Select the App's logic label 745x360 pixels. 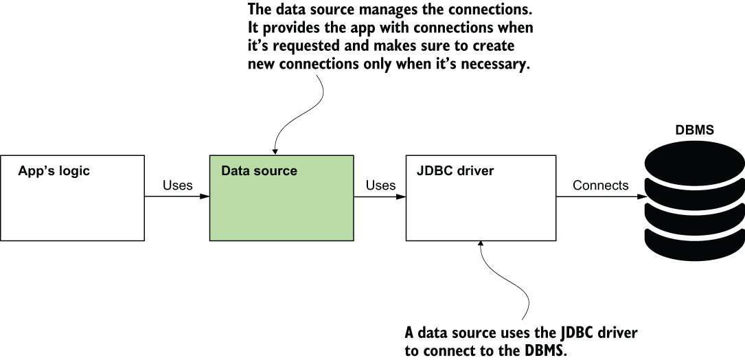click(54, 171)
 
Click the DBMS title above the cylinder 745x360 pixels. click(694, 129)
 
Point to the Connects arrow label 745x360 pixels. click(600, 185)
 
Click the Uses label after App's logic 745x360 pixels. click(177, 185)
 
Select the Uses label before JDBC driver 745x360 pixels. click(380, 185)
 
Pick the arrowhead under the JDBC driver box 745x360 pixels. click(481, 245)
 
